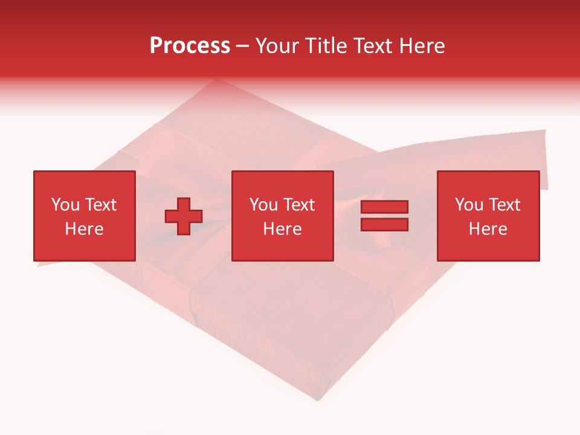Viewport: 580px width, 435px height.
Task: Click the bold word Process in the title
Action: coord(190,46)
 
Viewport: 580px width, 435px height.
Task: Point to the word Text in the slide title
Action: coord(374,46)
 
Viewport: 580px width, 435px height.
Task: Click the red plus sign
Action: coord(184,216)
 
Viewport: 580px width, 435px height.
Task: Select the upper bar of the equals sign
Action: coord(384,207)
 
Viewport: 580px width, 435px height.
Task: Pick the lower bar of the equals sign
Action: coord(384,225)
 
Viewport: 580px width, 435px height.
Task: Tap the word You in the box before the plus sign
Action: coord(65,205)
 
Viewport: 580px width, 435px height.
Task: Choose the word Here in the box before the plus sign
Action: coord(84,229)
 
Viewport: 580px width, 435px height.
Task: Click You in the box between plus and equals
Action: coord(263,205)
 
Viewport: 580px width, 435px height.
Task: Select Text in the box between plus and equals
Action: coord(298,205)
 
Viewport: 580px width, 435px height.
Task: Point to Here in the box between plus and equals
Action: coord(282,229)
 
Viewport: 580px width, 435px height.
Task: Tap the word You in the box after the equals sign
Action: coord(469,205)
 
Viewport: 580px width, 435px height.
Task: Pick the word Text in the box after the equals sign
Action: coord(504,205)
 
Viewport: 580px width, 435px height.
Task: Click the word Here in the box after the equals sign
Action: coord(488,229)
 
